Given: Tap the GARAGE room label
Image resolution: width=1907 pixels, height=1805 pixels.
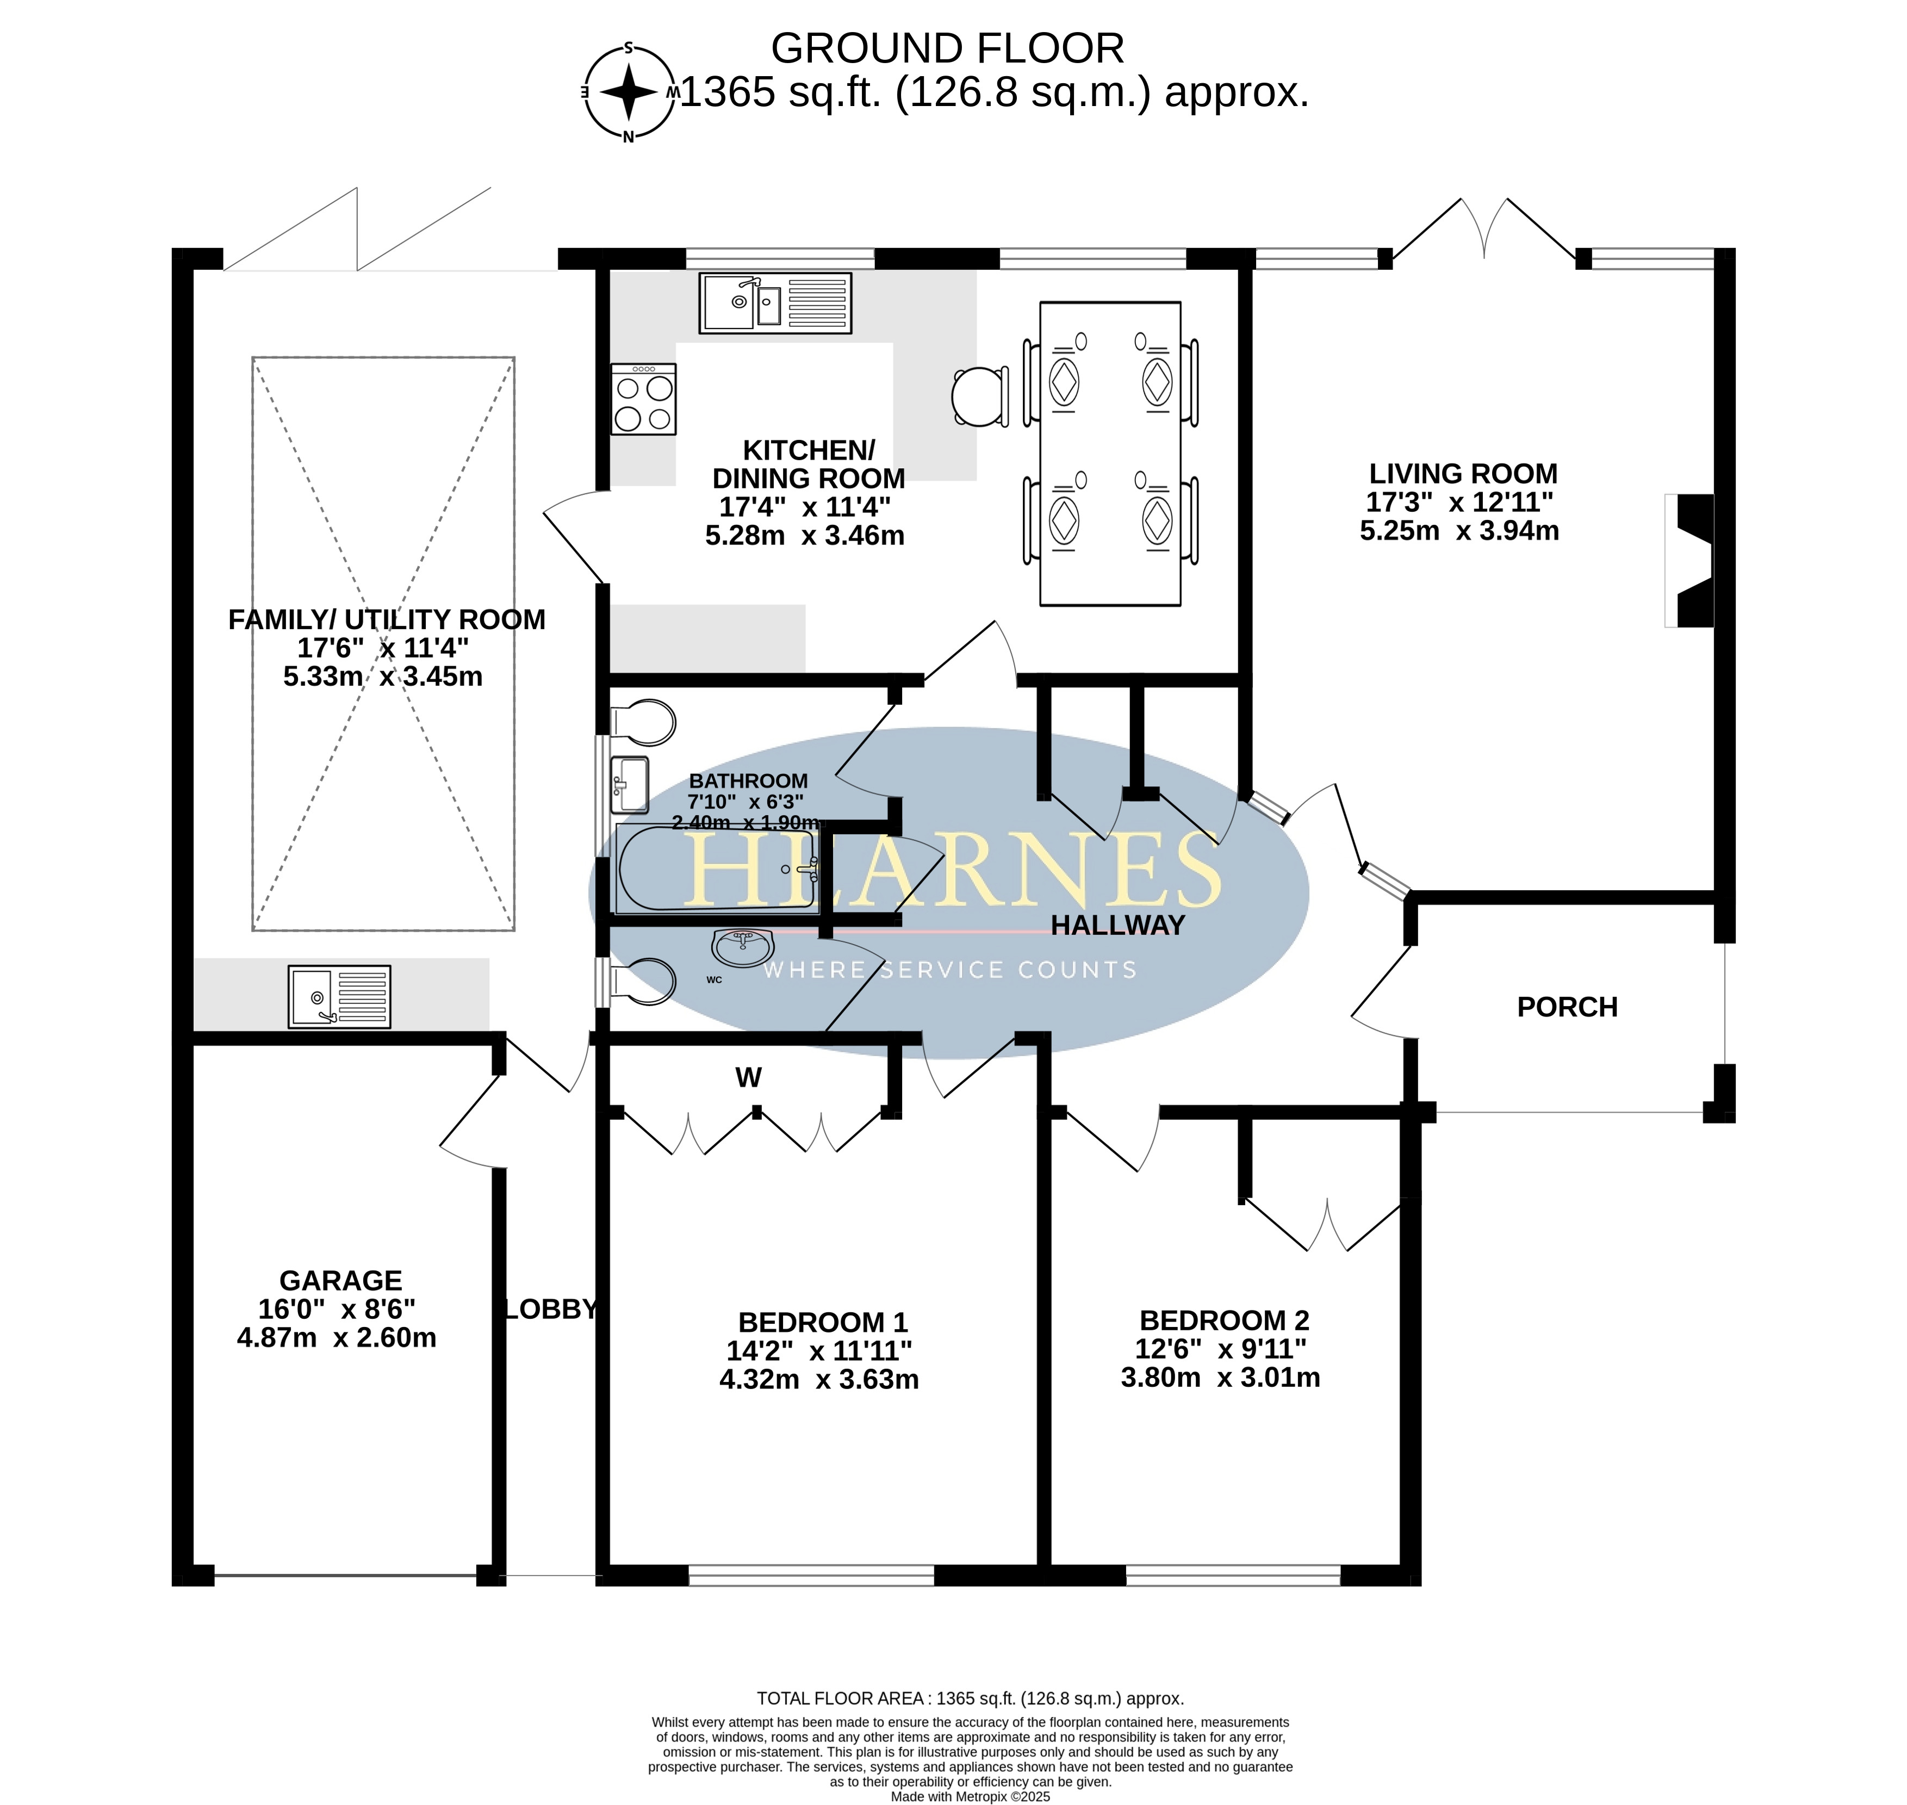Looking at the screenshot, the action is [x=340, y=1281].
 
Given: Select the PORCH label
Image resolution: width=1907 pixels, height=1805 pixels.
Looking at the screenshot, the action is [x=1567, y=1007].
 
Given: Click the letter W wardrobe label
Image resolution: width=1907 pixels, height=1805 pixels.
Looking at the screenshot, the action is [x=749, y=1077].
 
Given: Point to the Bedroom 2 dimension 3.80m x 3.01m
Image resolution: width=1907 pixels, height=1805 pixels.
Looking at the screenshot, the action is [x=1220, y=1378].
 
